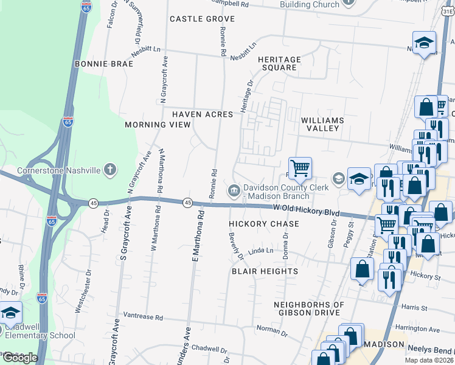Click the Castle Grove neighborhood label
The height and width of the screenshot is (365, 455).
[202, 19]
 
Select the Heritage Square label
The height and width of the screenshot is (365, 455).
[279, 63]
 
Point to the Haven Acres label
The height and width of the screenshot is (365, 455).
[202, 114]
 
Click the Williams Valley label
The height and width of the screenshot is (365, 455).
[322, 124]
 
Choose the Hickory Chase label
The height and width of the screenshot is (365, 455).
[264, 224]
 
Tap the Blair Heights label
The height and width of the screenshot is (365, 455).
[265, 271]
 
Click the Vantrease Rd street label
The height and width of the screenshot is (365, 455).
[143, 317]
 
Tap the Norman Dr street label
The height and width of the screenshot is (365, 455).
[271, 328]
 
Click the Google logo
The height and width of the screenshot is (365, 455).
[20, 358]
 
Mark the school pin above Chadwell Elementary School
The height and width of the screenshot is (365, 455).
[10, 313]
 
